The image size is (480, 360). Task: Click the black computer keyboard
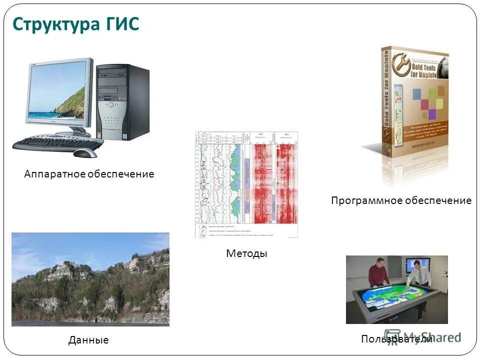pos(55,143)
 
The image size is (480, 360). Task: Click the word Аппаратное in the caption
pos(54,174)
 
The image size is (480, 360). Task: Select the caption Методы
pos(246,253)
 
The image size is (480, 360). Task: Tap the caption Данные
pos(88,340)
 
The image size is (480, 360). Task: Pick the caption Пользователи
pos(396,339)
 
